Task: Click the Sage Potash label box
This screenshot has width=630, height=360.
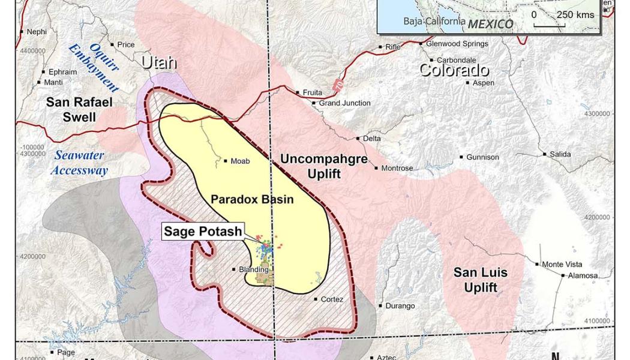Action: pos(203,232)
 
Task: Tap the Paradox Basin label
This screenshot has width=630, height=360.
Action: pos(252,199)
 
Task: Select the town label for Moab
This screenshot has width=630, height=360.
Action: pos(239,161)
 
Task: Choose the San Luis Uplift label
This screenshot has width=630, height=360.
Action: pos(480,280)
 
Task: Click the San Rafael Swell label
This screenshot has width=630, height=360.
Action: pos(79,109)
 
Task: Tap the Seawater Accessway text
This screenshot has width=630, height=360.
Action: pos(79,163)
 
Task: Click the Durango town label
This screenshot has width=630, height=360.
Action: pos(400,306)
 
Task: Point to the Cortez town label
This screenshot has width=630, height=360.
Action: pos(332,299)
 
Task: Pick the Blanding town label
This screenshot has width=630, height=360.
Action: pos(253,270)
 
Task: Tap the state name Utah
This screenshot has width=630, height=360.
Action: pos(159,62)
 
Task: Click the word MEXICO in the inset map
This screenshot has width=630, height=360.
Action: pos(491,24)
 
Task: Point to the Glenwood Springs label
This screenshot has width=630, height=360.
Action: pos(457,43)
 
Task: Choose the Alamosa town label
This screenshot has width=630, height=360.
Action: pos(583,276)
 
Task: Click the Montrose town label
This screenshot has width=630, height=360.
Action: pos(397,168)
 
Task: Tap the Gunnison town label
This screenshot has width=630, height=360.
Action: pos(482,157)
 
